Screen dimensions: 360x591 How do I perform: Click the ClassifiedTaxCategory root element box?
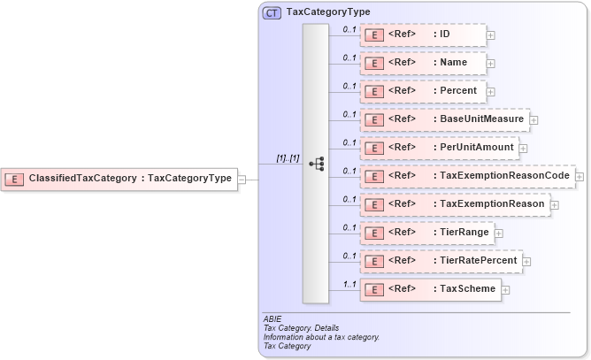119,179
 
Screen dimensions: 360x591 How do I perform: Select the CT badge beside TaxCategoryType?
272,12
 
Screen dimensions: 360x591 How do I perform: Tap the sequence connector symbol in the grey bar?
316,164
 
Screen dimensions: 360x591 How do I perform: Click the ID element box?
423,34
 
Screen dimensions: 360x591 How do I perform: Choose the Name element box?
423,63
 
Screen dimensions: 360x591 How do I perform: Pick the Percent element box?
423,91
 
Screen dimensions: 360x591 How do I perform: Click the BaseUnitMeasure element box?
444,119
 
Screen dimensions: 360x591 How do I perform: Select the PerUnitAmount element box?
439,148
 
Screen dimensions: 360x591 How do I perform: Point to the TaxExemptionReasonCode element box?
467,176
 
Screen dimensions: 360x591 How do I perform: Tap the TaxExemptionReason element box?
455,204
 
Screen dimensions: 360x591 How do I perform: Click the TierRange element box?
426,233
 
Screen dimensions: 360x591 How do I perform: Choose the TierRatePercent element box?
441,261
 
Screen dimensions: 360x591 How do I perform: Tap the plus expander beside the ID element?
491,35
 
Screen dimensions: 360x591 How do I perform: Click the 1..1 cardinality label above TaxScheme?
349,282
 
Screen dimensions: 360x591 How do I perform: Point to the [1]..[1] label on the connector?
288,158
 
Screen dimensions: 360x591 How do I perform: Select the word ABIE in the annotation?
272,318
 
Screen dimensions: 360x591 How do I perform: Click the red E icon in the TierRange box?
373,234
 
